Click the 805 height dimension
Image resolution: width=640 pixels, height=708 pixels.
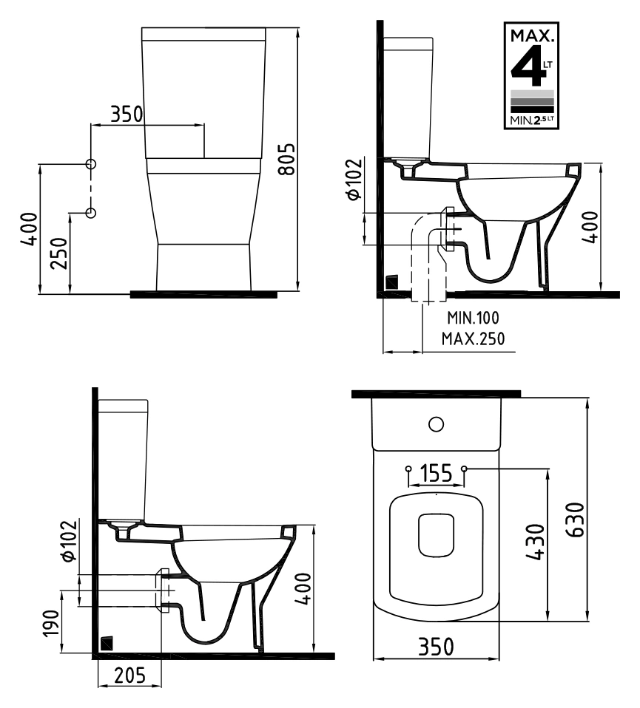point(286,159)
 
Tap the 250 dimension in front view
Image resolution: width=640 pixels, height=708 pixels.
point(58,253)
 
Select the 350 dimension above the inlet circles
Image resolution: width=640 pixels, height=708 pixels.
point(127,115)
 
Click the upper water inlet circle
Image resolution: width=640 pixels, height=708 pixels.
point(91,164)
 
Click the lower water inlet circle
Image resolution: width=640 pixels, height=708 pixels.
point(91,212)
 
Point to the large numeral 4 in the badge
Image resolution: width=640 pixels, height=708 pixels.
point(526,65)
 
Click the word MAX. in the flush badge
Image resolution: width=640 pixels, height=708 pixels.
point(532,35)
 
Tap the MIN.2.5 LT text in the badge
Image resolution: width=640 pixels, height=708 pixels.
point(532,120)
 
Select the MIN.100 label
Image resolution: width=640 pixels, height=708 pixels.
point(474,318)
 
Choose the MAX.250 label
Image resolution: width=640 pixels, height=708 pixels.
point(474,338)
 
